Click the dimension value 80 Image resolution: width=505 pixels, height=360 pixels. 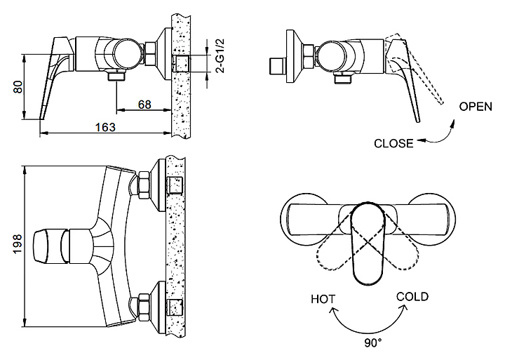pos(18,87)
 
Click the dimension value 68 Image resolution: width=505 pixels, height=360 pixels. pos(144,105)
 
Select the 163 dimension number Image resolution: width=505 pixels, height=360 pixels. pos(105,127)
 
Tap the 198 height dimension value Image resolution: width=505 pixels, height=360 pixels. pos(17,244)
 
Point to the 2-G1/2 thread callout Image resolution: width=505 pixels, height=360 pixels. pos(221,55)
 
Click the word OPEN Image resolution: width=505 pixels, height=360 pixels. pos(476,107)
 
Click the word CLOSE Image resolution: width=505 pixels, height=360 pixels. pos(393,143)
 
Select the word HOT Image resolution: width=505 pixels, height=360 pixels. pos(323,299)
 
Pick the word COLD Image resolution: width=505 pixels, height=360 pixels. pos(412,297)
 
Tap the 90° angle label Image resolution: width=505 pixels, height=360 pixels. pos(373,343)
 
